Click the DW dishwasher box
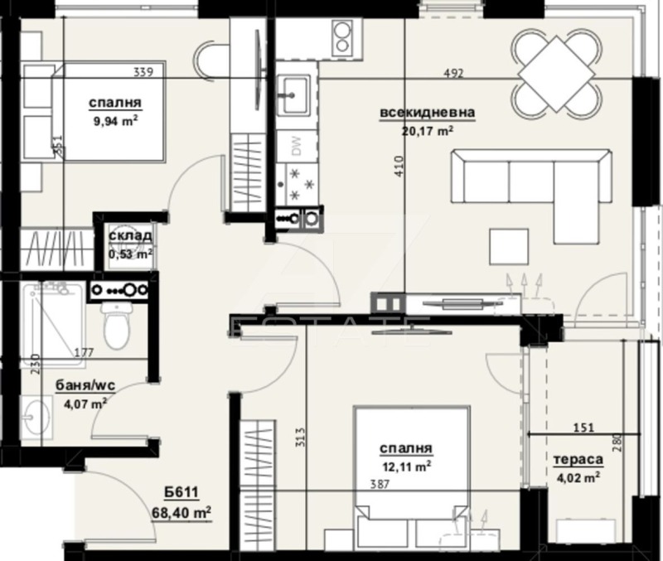[x=296, y=148]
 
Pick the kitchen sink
[x=294, y=94]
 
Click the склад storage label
[x=129, y=236]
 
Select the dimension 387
[x=380, y=486]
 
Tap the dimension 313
[x=300, y=437]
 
